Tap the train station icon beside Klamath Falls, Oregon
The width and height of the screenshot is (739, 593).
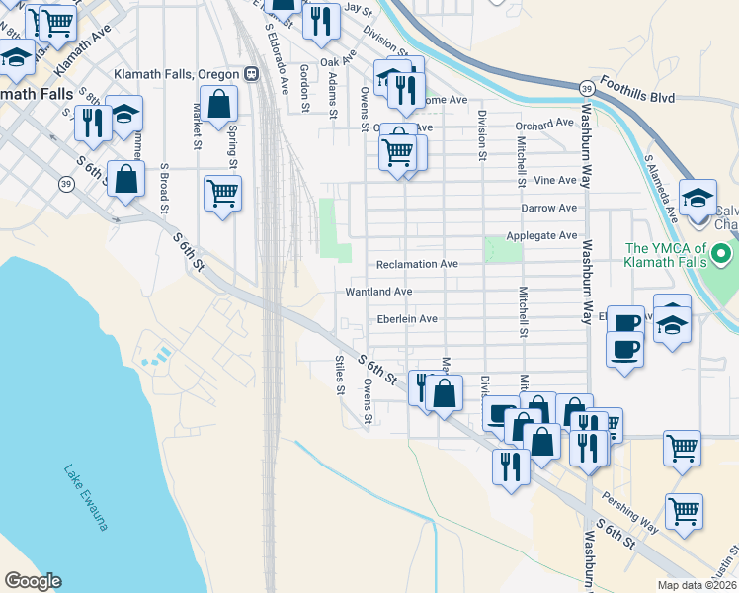coord(251,74)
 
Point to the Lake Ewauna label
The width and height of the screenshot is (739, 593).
coord(85,498)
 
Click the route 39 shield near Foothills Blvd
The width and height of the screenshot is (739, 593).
coord(586,88)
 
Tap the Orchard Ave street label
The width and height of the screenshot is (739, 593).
coord(544,124)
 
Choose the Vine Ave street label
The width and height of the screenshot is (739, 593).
coord(554,181)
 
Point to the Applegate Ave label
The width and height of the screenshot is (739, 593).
coord(540,236)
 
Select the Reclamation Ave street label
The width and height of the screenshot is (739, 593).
coord(417,265)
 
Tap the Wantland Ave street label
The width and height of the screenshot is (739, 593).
coord(378,293)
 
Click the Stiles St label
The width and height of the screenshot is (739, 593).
coord(339,375)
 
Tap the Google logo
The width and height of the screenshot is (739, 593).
coord(33,581)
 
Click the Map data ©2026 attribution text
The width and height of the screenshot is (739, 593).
coord(697,585)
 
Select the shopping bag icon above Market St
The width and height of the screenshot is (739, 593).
coord(218,103)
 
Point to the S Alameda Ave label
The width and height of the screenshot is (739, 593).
coord(659,184)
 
